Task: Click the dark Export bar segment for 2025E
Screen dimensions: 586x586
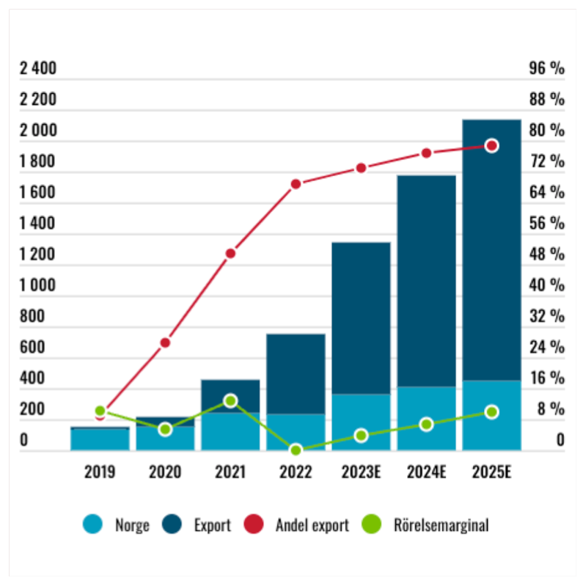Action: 492,249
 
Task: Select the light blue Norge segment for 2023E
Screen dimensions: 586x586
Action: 361,422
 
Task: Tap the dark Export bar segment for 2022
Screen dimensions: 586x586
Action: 296,374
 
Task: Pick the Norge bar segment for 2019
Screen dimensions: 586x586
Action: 100,439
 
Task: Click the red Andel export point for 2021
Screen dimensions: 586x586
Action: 230,254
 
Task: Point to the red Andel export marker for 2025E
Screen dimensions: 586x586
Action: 492,146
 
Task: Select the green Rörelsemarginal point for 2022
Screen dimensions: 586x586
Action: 296,450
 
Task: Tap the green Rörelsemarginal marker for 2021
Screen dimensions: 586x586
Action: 230,400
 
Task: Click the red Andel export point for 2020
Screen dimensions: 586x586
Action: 165,343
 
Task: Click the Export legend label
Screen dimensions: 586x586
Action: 213,525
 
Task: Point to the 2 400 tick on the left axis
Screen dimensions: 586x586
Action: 37,69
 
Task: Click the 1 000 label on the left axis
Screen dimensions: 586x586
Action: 37,285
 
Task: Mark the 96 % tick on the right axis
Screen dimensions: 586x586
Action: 546,69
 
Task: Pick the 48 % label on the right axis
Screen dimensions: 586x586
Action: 546,254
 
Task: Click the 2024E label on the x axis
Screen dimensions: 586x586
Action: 426,472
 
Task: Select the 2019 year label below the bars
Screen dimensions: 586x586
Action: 100,472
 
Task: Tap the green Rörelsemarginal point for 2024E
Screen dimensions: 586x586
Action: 426,425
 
